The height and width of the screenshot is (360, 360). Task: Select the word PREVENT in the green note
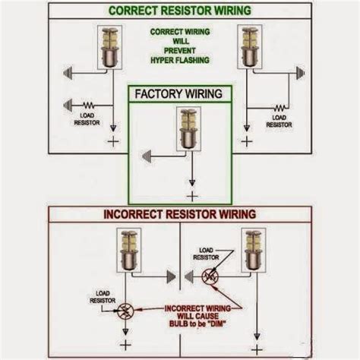tap(180, 50)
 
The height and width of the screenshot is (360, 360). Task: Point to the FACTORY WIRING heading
tap(178, 94)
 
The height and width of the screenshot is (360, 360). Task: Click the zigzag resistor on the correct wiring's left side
tap(89, 106)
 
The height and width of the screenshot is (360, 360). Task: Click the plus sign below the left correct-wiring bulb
tap(113, 142)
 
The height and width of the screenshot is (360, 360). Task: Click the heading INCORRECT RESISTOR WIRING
tap(179, 215)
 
